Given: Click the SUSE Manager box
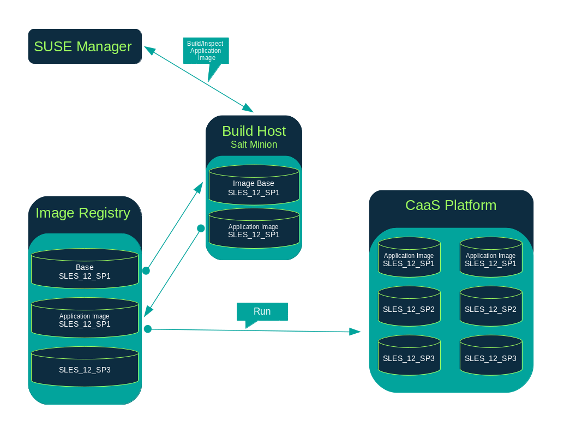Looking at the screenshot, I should pyautogui.click(x=85, y=46).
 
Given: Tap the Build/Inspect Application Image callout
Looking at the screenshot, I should pyautogui.click(x=205, y=50).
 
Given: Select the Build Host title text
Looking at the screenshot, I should pyautogui.click(x=254, y=131).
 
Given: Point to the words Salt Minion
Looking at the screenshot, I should pyautogui.click(x=254, y=145).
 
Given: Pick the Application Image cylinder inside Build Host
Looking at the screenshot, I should pyautogui.click(x=254, y=229).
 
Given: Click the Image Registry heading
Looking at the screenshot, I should pyautogui.click(x=83, y=213).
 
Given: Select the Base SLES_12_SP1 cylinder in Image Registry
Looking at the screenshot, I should pyautogui.click(x=85, y=269).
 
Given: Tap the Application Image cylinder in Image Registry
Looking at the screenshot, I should pyautogui.click(x=85, y=318).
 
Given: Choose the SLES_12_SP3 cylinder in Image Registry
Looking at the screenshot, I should pyautogui.click(x=85, y=368).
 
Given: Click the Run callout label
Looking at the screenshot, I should pyautogui.click(x=262, y=311).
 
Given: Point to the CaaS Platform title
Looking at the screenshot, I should pyautogui.click(x=451, y=205).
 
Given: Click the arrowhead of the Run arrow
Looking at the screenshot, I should pyautogui.click(x=356, y=332).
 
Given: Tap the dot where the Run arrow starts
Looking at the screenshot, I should pyautogui.click(x=147, y=329).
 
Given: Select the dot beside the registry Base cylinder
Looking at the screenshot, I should pyautogui.click(x=146, y=270).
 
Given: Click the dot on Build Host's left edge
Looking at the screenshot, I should pyautogui.click(x=201, y=228).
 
